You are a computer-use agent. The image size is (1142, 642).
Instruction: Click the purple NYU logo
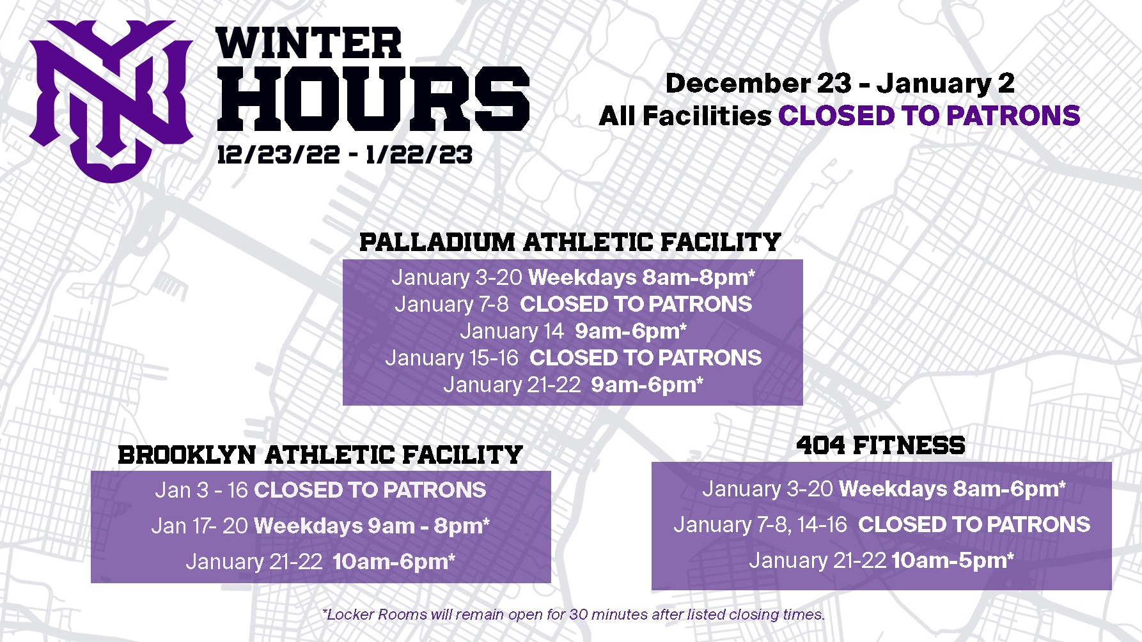click(110, 101)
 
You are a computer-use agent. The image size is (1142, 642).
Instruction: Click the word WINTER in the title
click(309, 43)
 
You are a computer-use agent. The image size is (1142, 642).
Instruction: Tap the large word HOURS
click(373, 98)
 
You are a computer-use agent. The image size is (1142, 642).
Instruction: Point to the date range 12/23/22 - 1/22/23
click(345, 155)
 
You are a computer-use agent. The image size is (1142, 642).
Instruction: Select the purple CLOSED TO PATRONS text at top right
click(929, 116)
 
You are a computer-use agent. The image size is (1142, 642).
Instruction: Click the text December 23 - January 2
click(840, 83)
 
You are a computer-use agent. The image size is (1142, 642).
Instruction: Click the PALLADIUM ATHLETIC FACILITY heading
click(570, 242)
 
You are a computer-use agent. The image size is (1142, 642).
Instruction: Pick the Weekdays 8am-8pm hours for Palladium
click(642, 277)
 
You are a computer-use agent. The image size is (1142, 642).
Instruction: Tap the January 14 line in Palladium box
click(573, 331)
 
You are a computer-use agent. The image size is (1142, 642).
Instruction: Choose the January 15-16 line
click(573, 358)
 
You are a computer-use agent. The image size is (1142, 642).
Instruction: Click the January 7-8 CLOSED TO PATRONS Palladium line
click(573, 304)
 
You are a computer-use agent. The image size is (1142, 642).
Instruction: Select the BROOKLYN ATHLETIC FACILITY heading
click(320, 455)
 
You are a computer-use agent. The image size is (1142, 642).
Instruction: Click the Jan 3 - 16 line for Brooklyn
click(320, 490)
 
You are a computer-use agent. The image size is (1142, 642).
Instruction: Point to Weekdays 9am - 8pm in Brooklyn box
click(372, 526)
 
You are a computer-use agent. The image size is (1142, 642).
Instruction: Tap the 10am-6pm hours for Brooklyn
click(394, 562)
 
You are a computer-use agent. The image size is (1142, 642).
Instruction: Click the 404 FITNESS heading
click(880, 445)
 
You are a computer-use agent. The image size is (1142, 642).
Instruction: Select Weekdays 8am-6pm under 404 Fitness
click(952, 489)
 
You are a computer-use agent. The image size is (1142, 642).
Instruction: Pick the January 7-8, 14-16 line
click(882, 524)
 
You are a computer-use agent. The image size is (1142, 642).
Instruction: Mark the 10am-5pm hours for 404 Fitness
click(953, 560)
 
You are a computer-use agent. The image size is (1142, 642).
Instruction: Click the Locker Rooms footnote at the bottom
click(574, 615)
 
